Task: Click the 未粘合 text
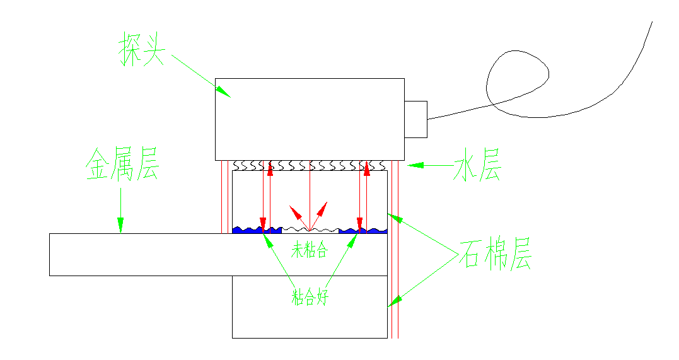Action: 309,250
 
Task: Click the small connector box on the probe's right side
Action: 415,119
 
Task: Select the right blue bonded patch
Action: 363,230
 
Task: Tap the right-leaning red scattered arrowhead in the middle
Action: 324,207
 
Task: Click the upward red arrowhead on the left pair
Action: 270,168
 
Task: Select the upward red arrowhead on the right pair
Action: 367,168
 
